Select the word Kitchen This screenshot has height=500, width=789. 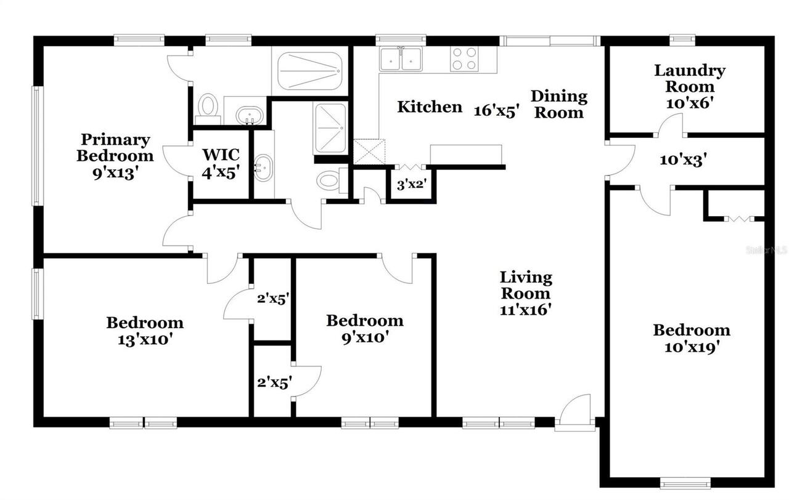coord(429,107)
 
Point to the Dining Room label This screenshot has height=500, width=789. coord(558,104)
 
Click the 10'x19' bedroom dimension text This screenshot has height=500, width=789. coord(692,347)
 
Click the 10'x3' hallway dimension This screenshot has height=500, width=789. coord(682,160)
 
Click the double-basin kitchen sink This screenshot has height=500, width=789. coord(401,59)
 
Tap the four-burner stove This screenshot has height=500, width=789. coord(464,59)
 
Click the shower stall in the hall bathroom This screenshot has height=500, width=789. coord(331,128)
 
